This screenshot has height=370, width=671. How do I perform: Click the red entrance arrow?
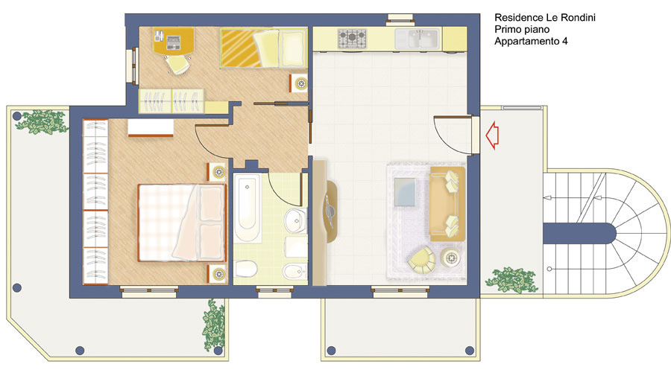[493, 135]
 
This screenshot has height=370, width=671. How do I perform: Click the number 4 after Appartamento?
[565, 41]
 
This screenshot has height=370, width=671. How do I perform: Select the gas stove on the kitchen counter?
[352, 39]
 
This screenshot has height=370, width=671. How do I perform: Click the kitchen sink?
[417, 39]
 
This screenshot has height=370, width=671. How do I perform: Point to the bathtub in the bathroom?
[247, 207]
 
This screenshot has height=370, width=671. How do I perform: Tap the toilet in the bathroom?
[246, 269]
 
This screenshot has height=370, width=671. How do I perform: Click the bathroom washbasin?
[295, 220]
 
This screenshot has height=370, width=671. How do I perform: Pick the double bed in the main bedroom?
[182, 222]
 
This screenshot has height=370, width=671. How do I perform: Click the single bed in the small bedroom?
[264, 48]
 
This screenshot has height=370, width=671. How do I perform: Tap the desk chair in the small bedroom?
[177, 65]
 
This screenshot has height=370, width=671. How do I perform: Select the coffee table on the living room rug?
[405, 192]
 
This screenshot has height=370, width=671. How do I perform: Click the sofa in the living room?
[447, 204]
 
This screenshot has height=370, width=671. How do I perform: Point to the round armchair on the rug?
[421, 259]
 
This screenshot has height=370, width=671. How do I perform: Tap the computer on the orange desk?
[173, 42]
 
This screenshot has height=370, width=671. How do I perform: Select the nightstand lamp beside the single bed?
[301, 83]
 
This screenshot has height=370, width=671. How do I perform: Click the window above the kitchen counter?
[400, 19]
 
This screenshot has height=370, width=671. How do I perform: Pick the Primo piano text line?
[522, 30]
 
